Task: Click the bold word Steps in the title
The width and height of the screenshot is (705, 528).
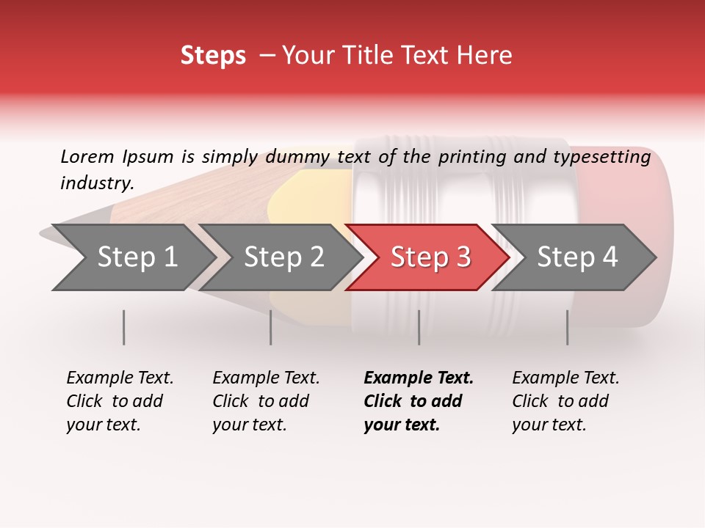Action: (213, 56)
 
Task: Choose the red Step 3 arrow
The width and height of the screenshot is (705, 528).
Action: (430, 257)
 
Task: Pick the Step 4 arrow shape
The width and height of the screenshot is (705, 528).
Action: (576, 257)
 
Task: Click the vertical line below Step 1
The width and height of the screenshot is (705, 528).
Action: (124, 327)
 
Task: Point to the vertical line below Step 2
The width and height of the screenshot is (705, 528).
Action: (271, 327)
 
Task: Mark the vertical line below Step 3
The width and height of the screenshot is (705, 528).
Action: (419, 327)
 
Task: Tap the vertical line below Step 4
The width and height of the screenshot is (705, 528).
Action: (568, 327)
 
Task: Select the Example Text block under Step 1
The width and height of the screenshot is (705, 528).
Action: (120, 401)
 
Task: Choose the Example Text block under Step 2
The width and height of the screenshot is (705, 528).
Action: (266, 401)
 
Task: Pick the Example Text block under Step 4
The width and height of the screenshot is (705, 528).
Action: (565, 401)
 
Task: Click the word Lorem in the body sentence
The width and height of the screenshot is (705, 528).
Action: (87, 156)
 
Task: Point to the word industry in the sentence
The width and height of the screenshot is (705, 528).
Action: (96, 183)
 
